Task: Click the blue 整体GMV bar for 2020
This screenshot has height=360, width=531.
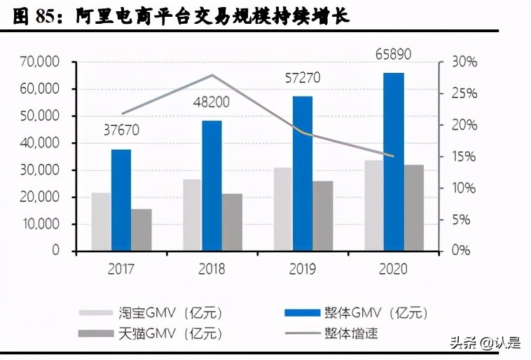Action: point(394,162)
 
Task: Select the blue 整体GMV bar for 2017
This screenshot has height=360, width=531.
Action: point(121,200)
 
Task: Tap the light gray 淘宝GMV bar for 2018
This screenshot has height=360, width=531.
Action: point(192,215)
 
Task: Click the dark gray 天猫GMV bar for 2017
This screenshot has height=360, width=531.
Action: point(142,230)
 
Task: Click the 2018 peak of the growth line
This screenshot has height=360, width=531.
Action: point(212,75)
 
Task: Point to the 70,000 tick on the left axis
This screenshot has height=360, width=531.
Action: point(40,62)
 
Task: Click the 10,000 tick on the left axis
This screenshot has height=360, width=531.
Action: point(40,224)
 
